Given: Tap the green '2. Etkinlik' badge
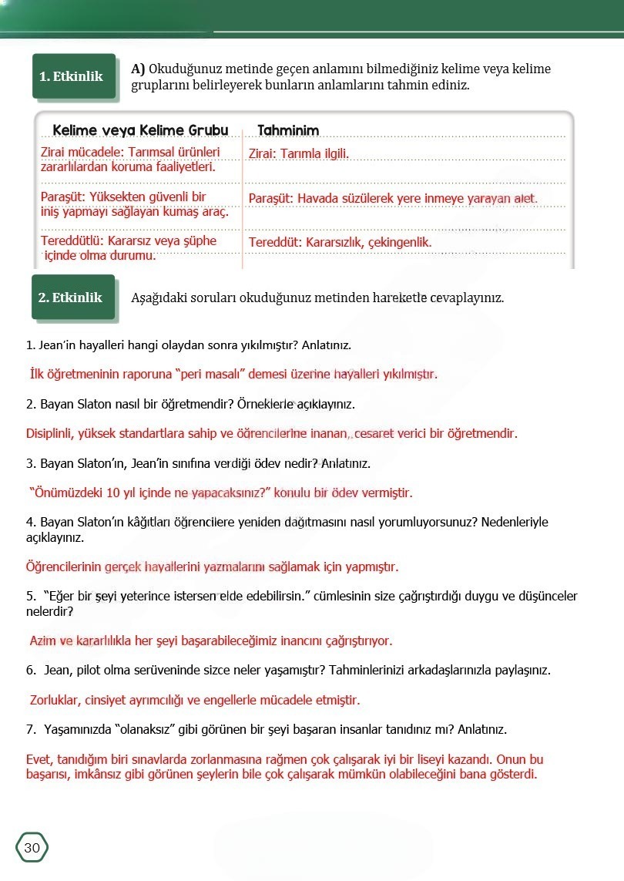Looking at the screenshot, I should click(71, 298).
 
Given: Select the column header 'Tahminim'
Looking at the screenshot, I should click(288, 129).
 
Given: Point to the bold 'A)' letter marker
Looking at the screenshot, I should click(138, 69).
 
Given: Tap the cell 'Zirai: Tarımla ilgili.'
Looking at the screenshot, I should click(299, 153).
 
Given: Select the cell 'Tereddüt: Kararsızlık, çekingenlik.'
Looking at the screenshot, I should click(340, 242).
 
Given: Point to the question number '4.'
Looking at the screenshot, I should click(31, 522).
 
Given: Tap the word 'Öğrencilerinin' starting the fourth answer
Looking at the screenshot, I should click(64, 567).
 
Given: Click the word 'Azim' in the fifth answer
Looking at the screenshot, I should click(43, 641).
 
